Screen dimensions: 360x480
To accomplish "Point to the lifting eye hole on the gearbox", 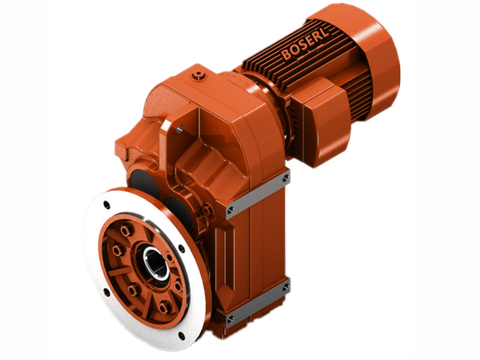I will click(178, 127).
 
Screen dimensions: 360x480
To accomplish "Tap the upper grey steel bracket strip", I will click(258, 192).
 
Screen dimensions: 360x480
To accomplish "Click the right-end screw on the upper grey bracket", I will click(286, 178).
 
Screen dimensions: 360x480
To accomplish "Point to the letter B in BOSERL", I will click(286, 55).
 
